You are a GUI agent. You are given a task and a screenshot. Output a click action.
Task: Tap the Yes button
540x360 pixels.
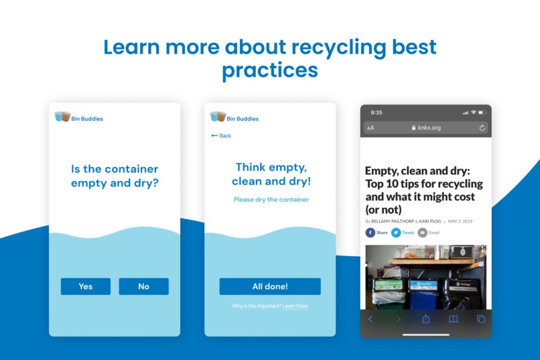click(86, 286)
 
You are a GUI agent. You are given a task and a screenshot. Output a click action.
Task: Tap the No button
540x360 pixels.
click(143, 286)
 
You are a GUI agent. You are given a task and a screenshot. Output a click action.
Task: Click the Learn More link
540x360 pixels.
click(295, 306)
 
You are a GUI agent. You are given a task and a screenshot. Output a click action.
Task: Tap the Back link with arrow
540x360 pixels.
click(221, 135)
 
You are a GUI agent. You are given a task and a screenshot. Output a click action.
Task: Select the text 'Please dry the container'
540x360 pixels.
click(271, 199)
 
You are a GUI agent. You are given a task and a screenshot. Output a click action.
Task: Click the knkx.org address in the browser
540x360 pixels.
click(429, 127)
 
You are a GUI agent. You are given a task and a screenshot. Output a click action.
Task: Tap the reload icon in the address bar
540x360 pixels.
click(482, 127)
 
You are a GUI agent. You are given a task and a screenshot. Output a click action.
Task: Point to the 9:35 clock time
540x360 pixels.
click(377, 112)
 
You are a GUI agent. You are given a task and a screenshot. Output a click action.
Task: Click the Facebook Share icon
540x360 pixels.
click(370, 233)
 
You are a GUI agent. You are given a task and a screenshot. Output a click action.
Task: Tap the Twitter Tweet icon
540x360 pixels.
click(396, 233)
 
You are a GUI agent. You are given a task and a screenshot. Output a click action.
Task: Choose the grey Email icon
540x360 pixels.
click(423, 233)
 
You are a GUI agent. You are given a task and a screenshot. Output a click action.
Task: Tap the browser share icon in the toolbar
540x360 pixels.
click(425, 319)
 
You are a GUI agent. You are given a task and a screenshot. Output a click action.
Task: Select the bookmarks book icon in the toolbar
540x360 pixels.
click(454, 319)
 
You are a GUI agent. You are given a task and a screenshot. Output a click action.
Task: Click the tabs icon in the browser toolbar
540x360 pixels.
click(480, 319)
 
